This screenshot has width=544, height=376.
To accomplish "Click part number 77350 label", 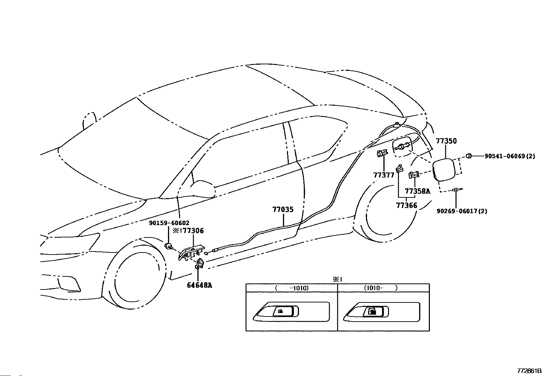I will [x=446, y=141].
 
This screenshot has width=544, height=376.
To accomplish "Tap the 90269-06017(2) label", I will [x=462, y=211].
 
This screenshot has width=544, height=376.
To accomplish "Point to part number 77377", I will [x=384, y=175].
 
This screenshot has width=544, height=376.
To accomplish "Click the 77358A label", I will [x=418, y=191].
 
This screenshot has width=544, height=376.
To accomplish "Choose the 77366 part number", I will [x=407, y=206].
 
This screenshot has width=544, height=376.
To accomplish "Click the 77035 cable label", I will [x=283, y=209].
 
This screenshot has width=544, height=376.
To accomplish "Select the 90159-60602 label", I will [x=169, y=223].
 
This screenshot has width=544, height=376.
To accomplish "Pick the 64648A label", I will [x=200, y=285].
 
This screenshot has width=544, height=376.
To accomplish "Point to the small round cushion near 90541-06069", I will [x=469, y=156].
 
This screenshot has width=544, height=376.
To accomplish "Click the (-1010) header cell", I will [x=292, y=288].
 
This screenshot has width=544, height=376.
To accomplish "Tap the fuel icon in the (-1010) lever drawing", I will [x=280, y=311].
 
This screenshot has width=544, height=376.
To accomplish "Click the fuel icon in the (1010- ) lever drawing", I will [x=372, y=311].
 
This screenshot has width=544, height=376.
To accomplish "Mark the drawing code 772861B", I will [x=529, y=371].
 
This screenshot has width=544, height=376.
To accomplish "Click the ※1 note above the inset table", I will [x=338, y=280].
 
